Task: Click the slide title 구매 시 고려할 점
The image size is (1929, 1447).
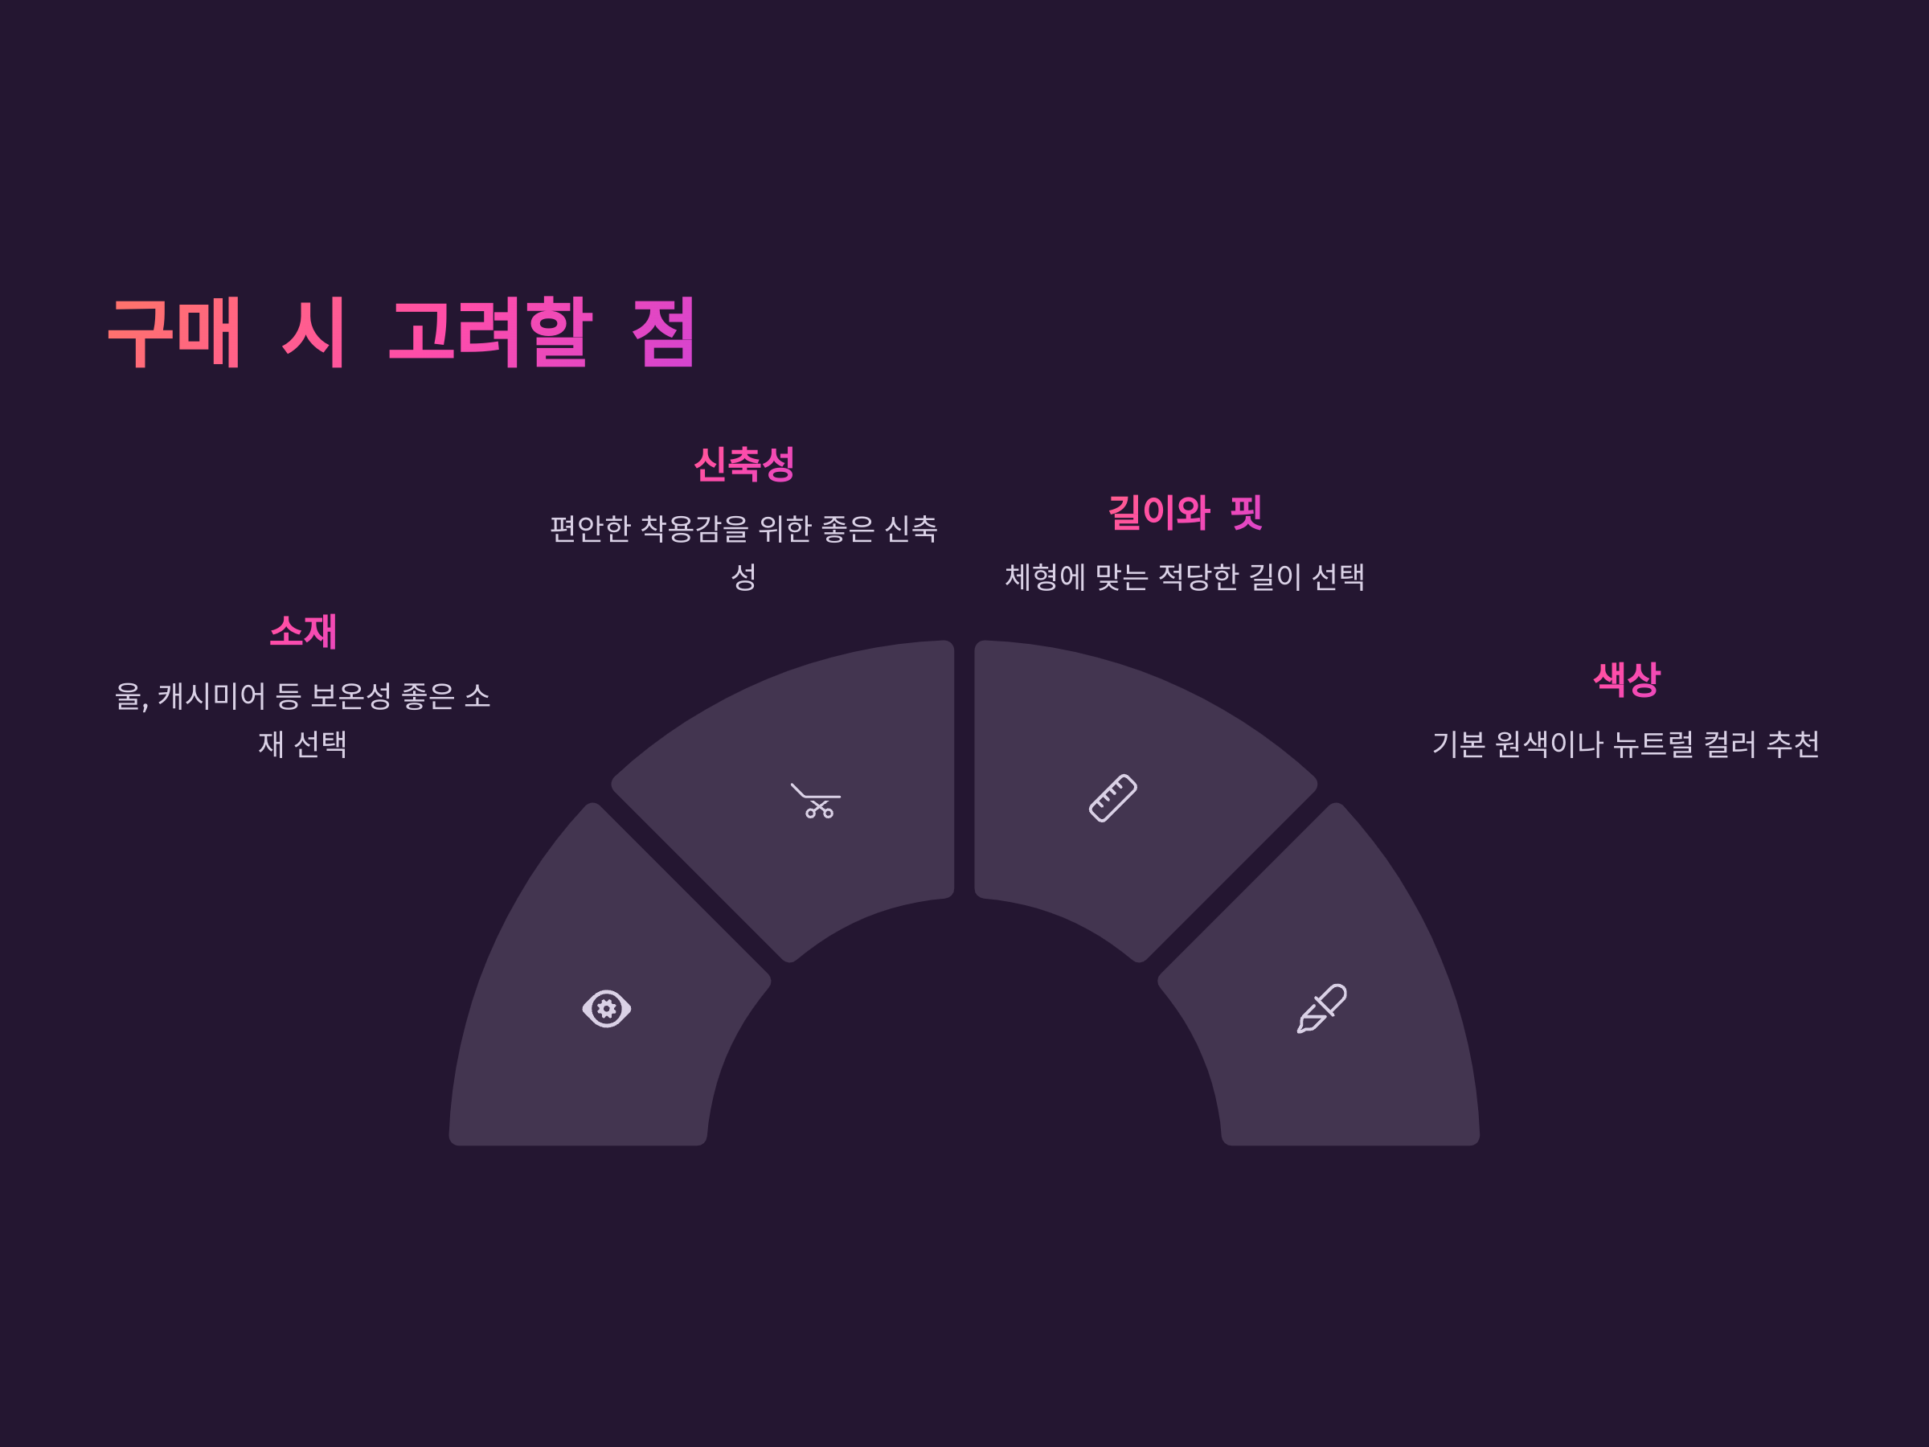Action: click(x=401, y=332)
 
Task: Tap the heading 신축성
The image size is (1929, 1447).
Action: click(x=743, y=464)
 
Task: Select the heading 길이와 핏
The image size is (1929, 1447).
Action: click(x=1184, y=512)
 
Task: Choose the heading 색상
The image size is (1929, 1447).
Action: click(x=1627, y=679)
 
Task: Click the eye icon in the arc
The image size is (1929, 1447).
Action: click(x=606, y=1009)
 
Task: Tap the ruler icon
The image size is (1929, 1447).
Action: click(x=1112, y=798)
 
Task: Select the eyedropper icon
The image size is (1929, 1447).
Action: click(x=1322, y=1009)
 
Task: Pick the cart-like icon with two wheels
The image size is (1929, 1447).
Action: click(x=815, y=801)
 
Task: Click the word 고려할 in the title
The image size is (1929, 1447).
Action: click(x=490, y=332)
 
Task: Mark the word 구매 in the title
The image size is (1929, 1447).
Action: click(x=174, y=332)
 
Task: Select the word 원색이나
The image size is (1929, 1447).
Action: click(x=1548, y=744)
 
